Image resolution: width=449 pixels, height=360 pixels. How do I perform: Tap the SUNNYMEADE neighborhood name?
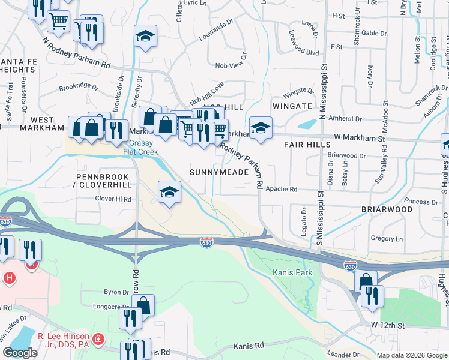(x=219, y=172)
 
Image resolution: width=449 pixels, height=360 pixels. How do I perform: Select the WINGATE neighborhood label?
(x=292, y=106)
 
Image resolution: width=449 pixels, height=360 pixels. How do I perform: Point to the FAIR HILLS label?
(x=307, y=145)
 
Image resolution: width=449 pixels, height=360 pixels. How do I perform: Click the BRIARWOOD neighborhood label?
(x=387, y=209)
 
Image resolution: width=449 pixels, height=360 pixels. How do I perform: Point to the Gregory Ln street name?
(x=387, y=238)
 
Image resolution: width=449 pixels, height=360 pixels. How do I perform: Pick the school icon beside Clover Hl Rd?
(x=169, y=193)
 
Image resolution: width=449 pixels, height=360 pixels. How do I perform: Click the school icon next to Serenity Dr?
(x=145, y=37)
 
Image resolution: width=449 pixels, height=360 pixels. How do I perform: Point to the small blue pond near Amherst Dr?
(x=307, y=125)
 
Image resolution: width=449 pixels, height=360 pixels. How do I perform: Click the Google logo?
(x=20, y=353)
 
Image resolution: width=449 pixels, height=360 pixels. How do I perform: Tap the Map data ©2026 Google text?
(x=412, y=355)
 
